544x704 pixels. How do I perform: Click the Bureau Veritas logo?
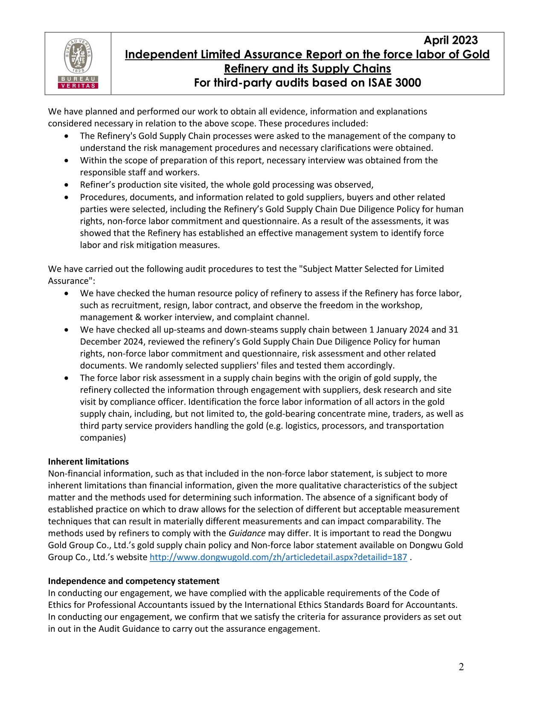point(78,63)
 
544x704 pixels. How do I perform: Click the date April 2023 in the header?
point(450,41)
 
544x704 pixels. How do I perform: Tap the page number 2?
point(461,667)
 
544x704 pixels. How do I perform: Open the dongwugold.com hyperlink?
point(278,557)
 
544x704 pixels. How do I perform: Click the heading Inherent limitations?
point(88,462)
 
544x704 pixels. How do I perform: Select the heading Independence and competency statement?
point(134,581)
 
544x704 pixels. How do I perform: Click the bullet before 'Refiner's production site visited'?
point(66,185)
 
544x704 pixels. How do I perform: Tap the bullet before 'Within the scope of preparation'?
point(66,161)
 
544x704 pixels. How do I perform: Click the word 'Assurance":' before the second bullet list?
point(71,281)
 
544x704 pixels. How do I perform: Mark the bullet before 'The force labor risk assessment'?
point(66,378)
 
